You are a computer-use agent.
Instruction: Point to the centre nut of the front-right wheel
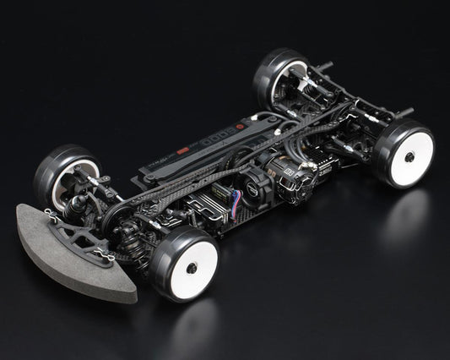192,268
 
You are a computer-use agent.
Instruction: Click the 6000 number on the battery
222,135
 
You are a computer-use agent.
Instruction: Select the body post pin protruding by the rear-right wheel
403,112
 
